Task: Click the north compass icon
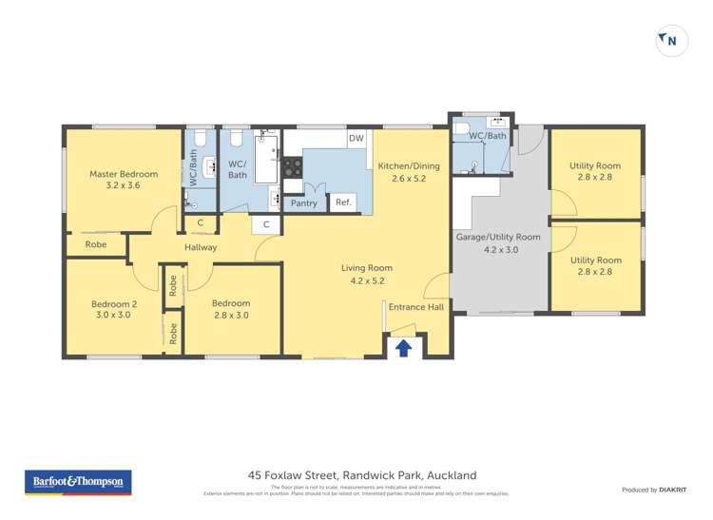click(x=671, y=40)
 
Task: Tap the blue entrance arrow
click(x=403, y=348)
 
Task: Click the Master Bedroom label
click(x=124, y=180)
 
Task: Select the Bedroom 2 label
click(x=114, y=310)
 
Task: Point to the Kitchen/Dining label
click(x=409, y=172)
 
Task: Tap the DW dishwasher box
click(x=356, y=139)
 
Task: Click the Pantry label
click(x=304, y=202)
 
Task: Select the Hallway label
click(x=202, y=247)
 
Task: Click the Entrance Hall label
click(x=416, y=307)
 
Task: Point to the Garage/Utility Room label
click(x=499, y=242)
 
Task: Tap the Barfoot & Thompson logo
click(x=78, y=482)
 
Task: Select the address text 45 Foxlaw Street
click(x=361, y=474)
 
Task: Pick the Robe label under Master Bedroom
click(x=96, y=244)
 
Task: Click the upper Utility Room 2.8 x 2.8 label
click(x=595, y=172)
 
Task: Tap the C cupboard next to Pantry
click(x=266, y=224)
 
